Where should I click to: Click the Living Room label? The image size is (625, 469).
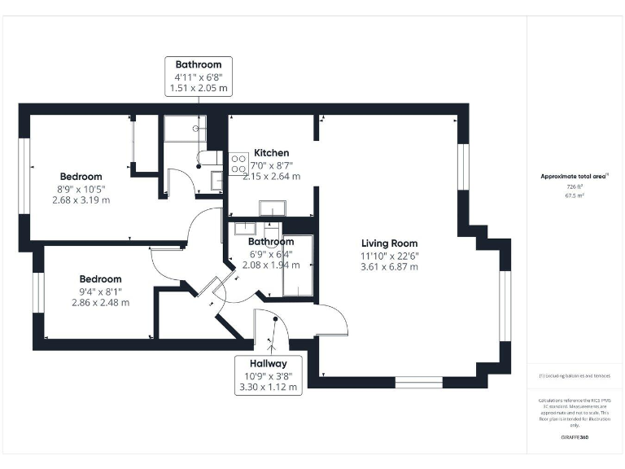(x=390, y=243)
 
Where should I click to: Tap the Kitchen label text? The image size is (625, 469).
(x=271, y=153)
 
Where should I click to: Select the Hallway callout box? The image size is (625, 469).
(x=268, y=376)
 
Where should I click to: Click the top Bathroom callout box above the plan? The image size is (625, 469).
(x=199, y=75)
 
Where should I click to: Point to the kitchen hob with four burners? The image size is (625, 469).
(x=238, y=164)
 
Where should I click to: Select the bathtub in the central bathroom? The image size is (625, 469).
(x=297, y=265)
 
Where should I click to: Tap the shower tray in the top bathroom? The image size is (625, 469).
(x=183, y=128)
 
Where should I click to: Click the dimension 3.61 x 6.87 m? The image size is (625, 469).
(x=390, y=267)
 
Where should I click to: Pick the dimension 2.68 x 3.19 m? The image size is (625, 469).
(x=81, y=199)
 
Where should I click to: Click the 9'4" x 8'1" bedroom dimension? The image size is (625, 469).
(x=100, y=291)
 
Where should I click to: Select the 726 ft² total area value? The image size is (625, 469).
(x=575, y=186)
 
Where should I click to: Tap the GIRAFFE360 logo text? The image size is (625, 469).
(x=575, y=437)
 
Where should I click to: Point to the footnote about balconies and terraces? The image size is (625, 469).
(x=575, y=376)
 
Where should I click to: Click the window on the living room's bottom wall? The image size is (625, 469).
(x=418, y=381)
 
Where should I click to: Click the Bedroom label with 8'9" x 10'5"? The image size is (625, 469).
(x=81, y=177)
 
